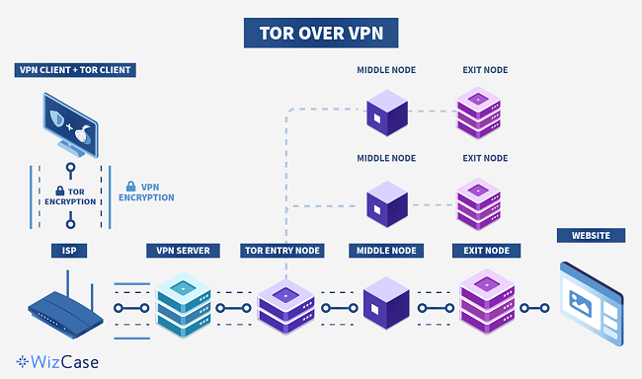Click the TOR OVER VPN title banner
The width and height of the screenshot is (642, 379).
(x=320, y=32)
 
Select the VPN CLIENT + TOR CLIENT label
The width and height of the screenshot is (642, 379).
(x=75, y=70)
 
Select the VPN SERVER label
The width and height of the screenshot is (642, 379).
(x=184, y=251)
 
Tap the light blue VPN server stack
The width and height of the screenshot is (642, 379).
(x=183, y=301)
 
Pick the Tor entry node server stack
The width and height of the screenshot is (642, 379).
(x=284, y=303)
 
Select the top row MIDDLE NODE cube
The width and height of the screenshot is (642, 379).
(x=385, y=113)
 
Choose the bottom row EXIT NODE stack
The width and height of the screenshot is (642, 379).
(x=484, y=299)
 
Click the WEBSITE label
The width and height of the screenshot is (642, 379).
(x=591, y=236)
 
